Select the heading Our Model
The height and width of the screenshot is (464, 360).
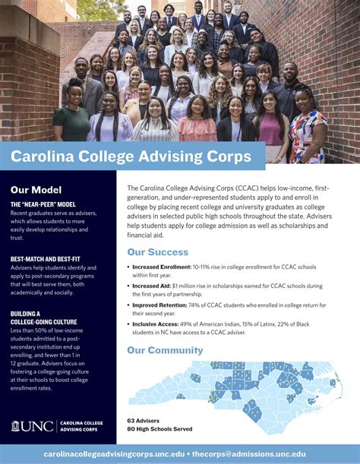36,190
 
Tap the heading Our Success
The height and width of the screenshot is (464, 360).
158,252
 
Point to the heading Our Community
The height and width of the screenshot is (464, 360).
165,350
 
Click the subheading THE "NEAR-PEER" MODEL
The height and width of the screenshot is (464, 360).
43,204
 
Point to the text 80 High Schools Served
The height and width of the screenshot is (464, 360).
160,428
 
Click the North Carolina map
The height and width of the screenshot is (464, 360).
251,387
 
